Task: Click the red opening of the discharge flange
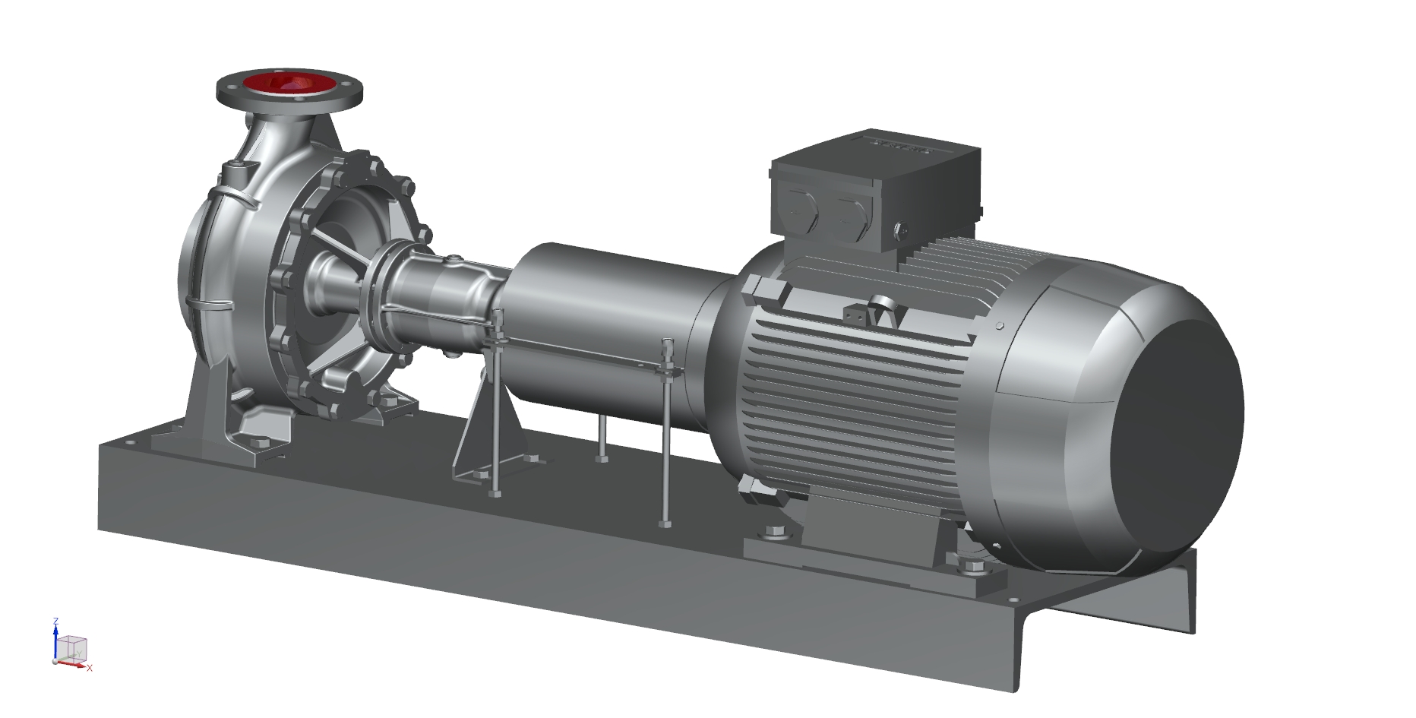pos(289,84)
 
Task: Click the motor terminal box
pos(874,190)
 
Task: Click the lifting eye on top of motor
pos(882,305)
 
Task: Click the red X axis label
pos(90,669)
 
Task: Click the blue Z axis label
pos(55,622)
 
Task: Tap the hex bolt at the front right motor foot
pos(973,567)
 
